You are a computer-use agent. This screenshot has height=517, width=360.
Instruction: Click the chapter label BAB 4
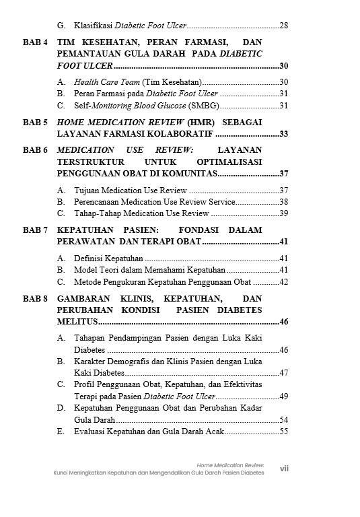[35, 41]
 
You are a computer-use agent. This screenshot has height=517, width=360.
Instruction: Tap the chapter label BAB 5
[35, 123]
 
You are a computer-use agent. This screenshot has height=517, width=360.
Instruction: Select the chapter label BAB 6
[35, 149]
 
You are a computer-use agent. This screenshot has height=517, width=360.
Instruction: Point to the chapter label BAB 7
[35, 230]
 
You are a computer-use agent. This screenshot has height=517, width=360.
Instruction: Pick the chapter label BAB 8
[35, 298]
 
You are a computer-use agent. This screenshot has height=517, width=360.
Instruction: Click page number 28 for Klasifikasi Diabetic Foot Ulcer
[283, 26]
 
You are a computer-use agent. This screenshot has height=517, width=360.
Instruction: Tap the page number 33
[283, 134]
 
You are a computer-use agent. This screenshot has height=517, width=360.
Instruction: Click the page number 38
[283, 202]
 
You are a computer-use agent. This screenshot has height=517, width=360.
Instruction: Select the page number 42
[283, 282]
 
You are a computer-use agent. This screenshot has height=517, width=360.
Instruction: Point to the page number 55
[283, 432]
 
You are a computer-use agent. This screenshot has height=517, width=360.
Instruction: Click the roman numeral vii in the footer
[284, 469]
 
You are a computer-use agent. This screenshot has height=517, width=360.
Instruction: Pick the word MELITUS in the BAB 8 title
[77, 322]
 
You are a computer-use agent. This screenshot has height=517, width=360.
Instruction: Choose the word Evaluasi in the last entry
[90, 432]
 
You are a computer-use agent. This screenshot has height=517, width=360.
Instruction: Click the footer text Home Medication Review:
[230, 465]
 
